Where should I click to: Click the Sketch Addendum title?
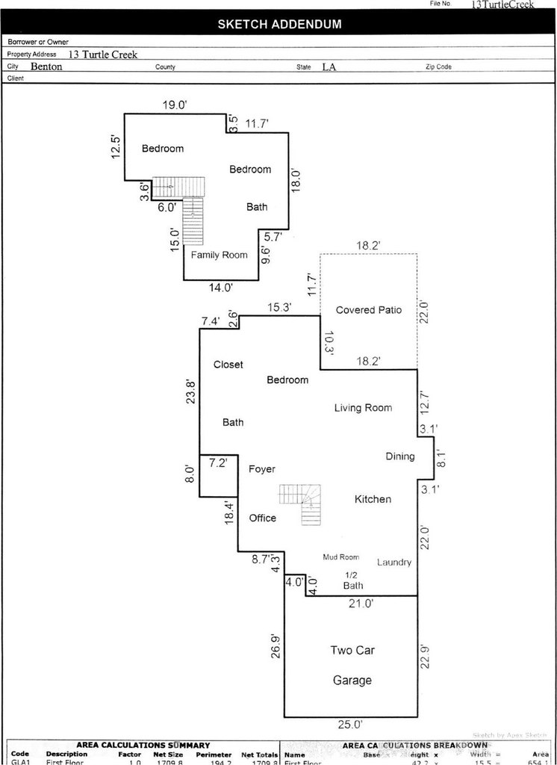click(x=279, y=24)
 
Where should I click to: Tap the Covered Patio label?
click(x=369, y=309)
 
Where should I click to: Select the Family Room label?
click(x=219, y=255)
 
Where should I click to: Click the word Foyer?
click(x=261, y=469)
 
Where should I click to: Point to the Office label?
click(x=262, y=518)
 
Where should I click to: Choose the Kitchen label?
click(x=373, y=498)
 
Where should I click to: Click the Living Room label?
click(x=363, y=407)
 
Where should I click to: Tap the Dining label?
click(x=399, y=456)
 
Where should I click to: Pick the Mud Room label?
click(x=340, y=557)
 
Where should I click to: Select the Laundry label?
click(x=394, y=562)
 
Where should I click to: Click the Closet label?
click(x=228, y=365)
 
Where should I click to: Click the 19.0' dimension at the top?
click(x=174, y=105)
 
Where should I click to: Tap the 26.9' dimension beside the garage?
click(x=276, y=645)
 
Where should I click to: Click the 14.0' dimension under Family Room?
click(x=221, y=286)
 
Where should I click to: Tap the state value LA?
click(x=329, y=66)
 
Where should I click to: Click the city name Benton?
click(x=46, y=66)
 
